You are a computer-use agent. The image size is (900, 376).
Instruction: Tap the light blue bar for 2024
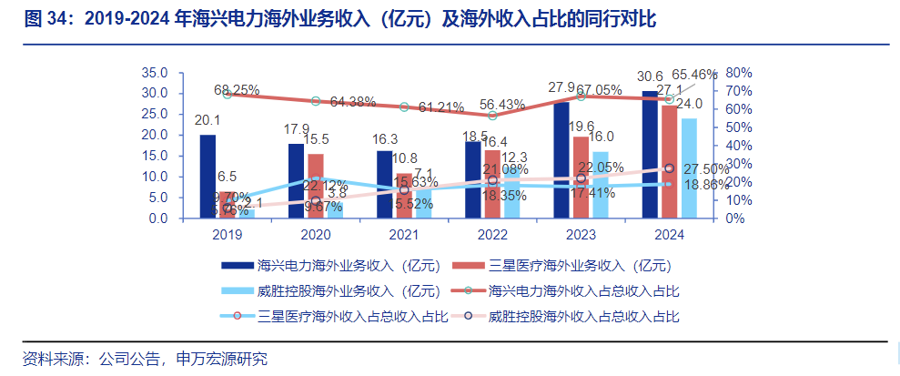[x=689, y=168]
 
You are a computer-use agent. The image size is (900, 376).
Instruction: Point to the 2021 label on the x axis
[x=404, y=234]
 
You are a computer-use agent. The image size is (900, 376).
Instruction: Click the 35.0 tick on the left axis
[x=155, y=73]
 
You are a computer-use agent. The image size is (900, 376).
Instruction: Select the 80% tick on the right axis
[x=737, y=73]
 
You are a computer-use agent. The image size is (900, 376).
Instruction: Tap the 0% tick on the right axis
[x=733, y=218]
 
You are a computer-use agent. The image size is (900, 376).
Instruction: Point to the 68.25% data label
[x=237, y=90]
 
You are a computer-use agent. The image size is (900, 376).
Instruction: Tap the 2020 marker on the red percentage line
[x=316, y=101]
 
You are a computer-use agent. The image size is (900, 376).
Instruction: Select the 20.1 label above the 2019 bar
[x=207, y=120]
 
